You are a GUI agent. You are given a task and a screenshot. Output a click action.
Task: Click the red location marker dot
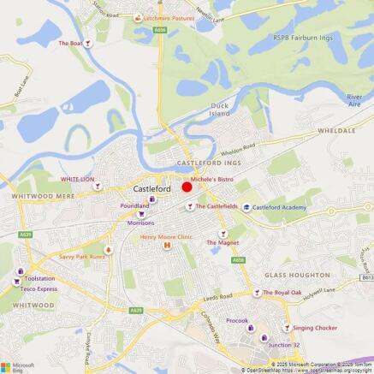[187, 187]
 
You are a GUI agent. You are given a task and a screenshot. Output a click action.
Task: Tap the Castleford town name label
[152, 189]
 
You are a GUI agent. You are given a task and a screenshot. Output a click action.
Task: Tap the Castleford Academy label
[279, 207]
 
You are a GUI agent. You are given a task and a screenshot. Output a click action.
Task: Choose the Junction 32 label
[284, 345]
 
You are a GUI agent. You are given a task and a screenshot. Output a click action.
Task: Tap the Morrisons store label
[140, 223]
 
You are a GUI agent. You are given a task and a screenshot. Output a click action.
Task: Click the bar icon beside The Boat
[92, 42]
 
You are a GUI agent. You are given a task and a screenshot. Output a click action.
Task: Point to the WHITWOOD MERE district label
[32, 196]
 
